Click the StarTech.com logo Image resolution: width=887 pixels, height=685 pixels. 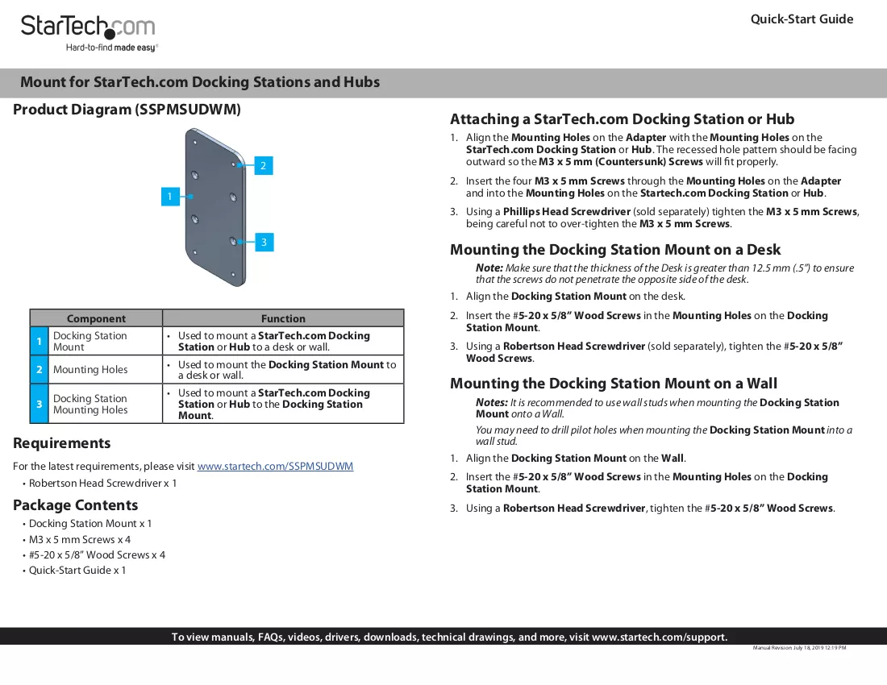(88, 33)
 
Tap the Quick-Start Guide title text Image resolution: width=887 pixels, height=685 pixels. (802, 19)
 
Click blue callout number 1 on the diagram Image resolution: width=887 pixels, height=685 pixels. (170, 197)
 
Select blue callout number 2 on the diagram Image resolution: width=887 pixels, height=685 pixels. (264, 165)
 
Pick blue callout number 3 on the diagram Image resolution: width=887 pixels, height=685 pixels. (264, 243)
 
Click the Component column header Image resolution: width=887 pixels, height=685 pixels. (96, 318)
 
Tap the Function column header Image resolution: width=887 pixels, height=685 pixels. (283, 318)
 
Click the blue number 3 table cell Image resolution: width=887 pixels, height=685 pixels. (39, 404)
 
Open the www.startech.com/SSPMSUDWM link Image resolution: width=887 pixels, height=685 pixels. (275, 467)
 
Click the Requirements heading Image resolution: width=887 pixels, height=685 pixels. (61, 443)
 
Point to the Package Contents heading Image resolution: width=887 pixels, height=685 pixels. (75, 505)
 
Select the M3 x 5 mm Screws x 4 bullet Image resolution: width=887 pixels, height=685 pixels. (80, 540)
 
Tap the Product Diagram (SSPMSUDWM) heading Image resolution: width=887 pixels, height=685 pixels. (127, 110)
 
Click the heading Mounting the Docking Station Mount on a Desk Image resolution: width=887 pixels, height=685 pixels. (615, 250)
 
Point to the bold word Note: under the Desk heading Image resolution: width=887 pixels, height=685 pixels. (489, 268)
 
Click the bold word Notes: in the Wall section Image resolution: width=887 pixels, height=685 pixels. (492, 402)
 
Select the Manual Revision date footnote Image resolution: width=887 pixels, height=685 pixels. (799, 648)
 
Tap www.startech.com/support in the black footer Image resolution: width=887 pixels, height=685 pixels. (659, 637)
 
